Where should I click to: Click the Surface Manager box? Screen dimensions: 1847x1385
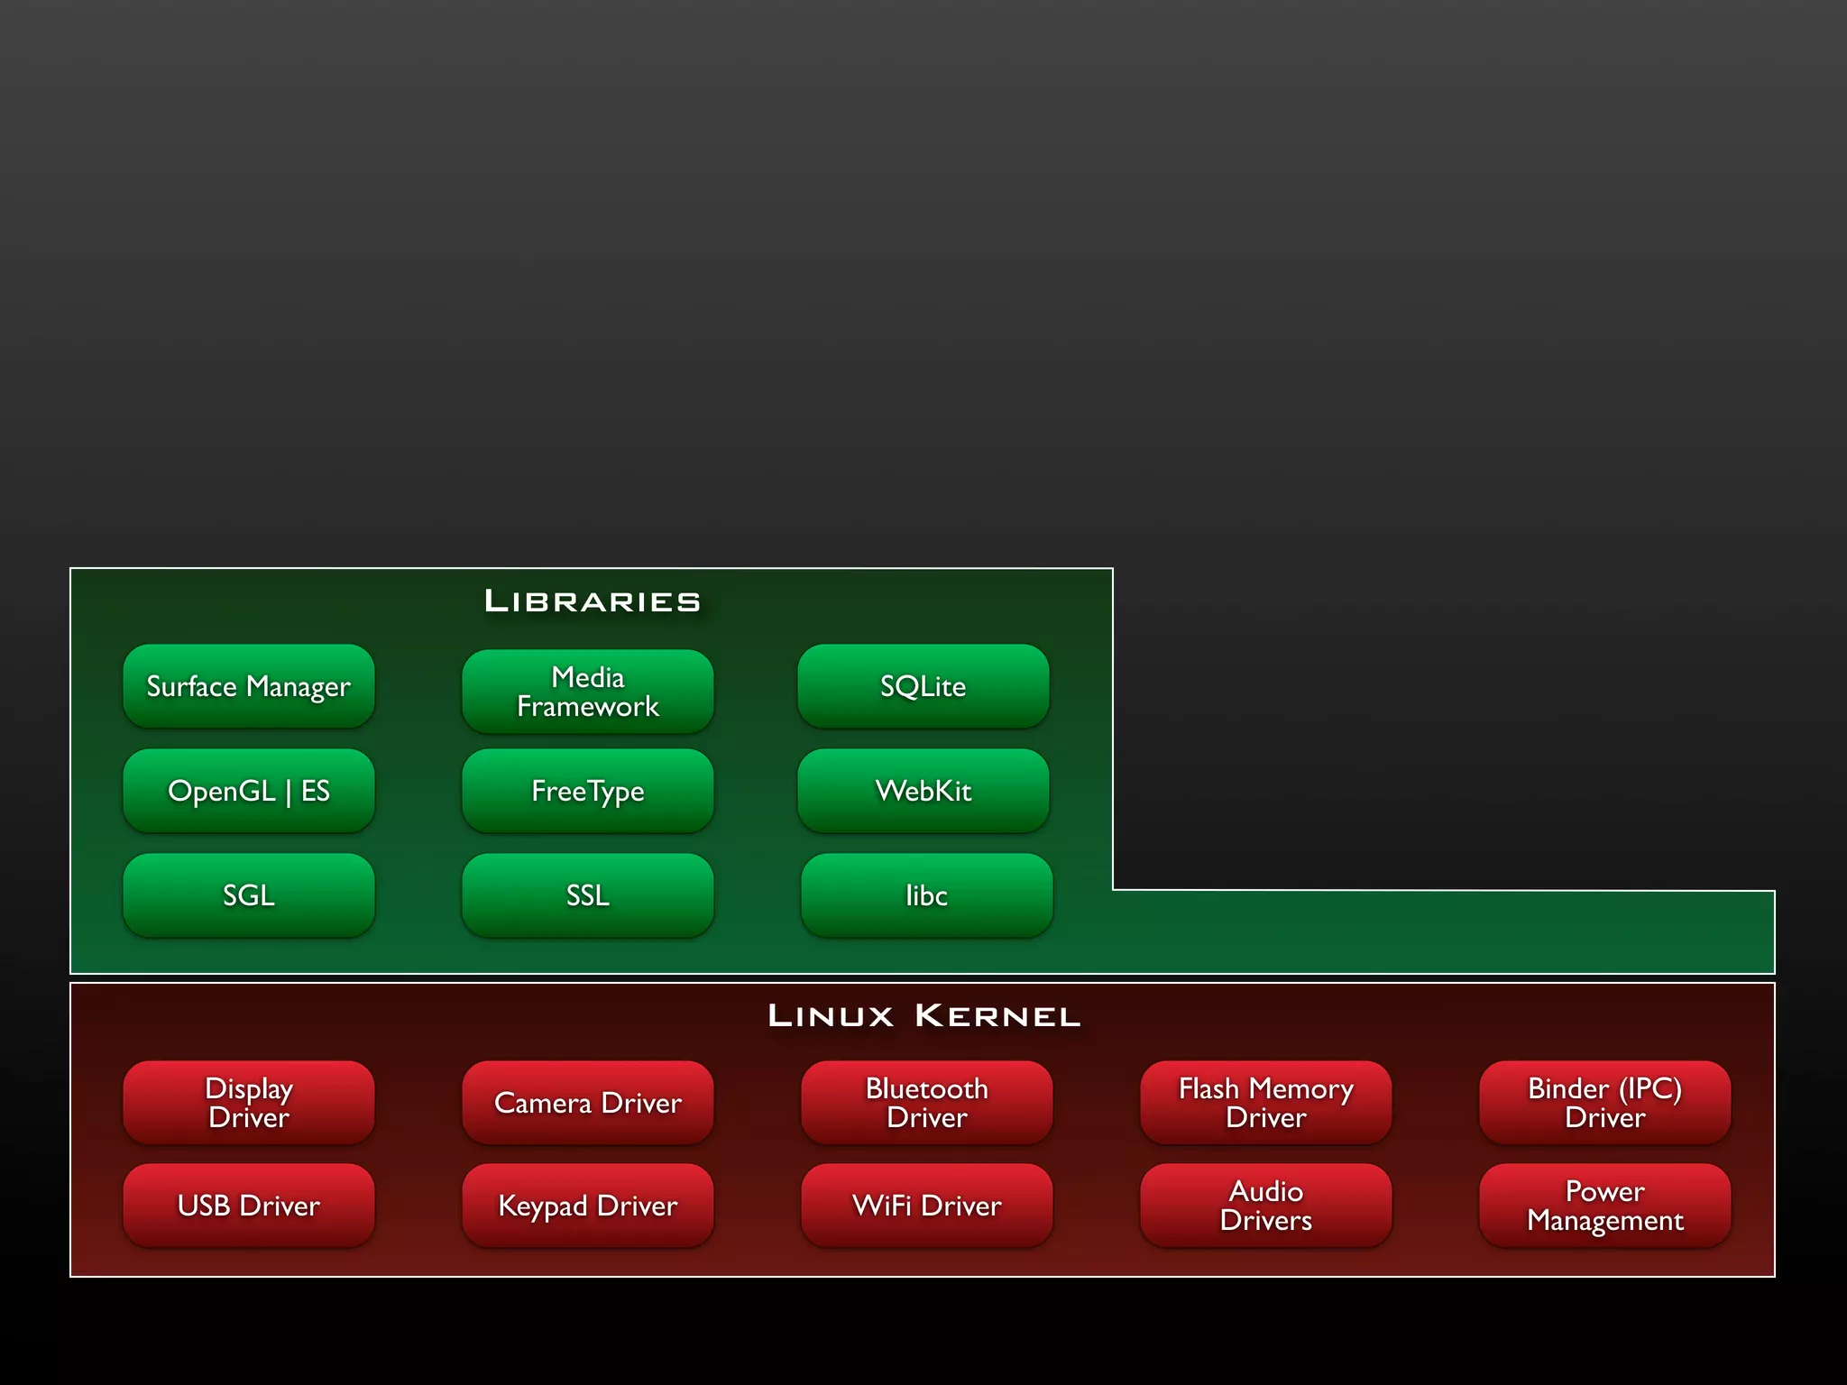[248, 686]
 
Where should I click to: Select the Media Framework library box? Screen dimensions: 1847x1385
[587, 692]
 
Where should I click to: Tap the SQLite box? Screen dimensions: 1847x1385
[923, 686]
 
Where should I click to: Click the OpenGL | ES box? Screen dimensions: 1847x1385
[248, 791]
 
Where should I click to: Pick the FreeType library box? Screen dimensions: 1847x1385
[587, 791]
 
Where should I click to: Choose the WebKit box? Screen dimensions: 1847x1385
[923, 791]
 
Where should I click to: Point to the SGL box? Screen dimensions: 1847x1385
[248, 895]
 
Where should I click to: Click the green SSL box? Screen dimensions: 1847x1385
[587, 895]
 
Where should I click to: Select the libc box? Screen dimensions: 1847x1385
[926, 895]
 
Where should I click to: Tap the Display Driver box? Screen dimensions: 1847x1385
[248, 1103]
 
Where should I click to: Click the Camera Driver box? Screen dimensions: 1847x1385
[587, 1103]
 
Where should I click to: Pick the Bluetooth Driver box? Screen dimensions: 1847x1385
[926, 1103]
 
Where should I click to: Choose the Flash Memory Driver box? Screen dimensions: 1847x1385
[1265, 1103]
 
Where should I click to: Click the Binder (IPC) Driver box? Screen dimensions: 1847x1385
[1604, 1103]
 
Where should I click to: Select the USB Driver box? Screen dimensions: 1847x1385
[248, 1206]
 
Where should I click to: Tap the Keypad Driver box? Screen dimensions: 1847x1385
[587, 1206]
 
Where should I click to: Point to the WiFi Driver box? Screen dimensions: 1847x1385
[926, 1206]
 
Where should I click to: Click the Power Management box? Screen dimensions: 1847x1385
[1604, 1206]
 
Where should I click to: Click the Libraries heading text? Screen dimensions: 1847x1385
[593, 601]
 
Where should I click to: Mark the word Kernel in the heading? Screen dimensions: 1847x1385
[997, 1016]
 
